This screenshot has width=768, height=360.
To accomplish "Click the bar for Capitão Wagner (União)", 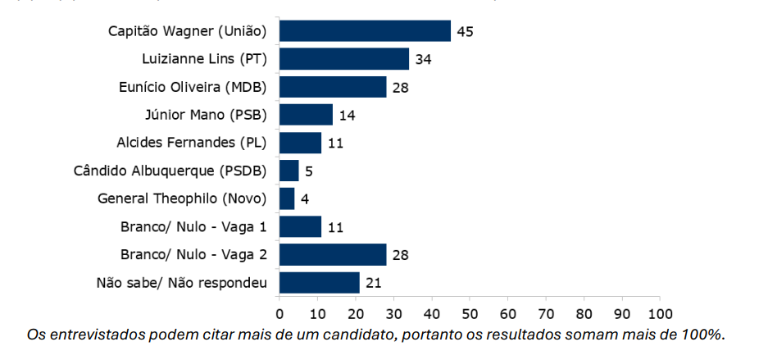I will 365,31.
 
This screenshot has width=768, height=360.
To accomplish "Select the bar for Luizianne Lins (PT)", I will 344,59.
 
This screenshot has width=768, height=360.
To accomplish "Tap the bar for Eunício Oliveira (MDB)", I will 333,87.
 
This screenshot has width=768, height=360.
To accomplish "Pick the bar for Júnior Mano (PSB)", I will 306,115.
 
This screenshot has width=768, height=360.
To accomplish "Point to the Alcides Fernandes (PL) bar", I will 300,143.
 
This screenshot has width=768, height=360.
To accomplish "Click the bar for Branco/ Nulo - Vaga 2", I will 333,254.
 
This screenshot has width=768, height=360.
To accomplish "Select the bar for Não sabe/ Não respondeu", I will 320,282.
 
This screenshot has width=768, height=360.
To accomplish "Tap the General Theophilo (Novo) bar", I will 287,198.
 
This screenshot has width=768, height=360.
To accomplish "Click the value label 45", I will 466,32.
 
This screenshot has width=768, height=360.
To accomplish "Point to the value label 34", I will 423,60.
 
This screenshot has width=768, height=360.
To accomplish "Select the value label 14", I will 347,116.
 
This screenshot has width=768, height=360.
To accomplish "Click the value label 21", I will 374,283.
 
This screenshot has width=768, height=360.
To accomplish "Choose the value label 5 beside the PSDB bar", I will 309,171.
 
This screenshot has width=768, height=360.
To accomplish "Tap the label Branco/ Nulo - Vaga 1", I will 193,226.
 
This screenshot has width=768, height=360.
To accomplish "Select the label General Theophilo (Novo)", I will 182,198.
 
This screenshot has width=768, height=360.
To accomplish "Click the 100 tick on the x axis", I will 660,314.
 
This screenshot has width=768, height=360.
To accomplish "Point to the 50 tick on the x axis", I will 470,314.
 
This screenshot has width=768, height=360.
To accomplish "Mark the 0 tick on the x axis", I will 279,314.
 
